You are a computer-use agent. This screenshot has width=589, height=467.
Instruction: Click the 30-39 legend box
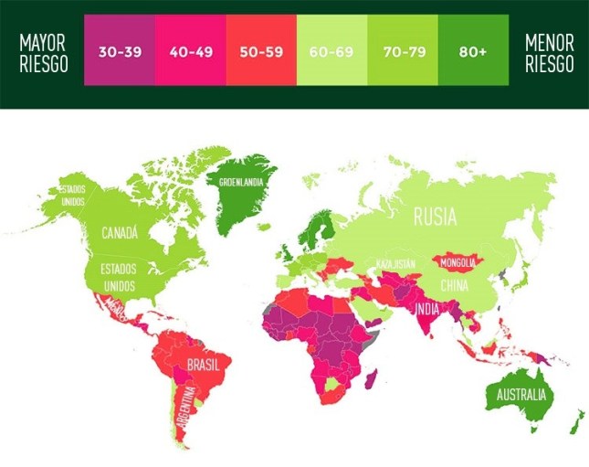(x=120, y=51)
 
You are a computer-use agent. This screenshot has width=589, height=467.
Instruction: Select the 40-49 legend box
(x=191, y=51)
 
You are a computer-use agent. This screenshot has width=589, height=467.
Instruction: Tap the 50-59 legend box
(x=261, y=51)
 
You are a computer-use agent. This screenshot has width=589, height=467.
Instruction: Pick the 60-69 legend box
(x=332, y=51)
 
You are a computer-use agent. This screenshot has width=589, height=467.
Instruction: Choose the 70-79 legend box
(x=403, y=51)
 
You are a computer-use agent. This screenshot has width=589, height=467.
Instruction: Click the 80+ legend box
(x=472, y=51)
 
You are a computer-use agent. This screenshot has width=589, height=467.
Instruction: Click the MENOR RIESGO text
(x=549, y=52)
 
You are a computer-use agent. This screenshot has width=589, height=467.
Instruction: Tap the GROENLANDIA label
(x=241, y=181)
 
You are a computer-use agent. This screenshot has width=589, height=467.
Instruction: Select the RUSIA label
(x=436, y=217)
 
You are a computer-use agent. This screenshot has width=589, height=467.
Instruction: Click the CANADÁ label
(x=120, y=233)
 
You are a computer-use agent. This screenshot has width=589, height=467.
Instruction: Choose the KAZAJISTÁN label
(x=396, y=264)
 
